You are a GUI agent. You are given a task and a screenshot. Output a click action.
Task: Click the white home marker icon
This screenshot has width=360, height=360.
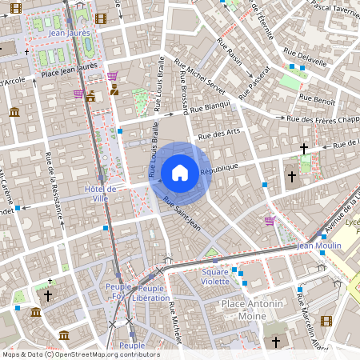pyautogui.click(x=180, y=172)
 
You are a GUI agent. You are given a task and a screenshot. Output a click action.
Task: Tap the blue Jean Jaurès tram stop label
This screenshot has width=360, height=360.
pyautogui.click(x=67, y=34)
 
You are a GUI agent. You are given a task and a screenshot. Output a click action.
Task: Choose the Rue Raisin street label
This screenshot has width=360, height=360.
pyautogui.click(x=234, y=61)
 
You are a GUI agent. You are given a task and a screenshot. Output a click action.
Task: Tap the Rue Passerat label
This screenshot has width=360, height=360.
pyautogui.click(x=259, y=78)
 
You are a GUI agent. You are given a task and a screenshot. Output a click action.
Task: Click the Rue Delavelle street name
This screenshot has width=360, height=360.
pyautogui.click(x=309, y=59)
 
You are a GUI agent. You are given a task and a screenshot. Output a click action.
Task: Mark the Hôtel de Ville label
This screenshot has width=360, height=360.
pyautogui.click(x=101, y=193)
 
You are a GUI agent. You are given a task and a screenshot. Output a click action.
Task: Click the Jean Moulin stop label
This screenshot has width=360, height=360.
pyautogui.click(x=319, y=246)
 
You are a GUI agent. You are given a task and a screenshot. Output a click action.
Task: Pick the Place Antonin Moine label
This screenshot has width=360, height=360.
pyautogui.click(x=253, y=310)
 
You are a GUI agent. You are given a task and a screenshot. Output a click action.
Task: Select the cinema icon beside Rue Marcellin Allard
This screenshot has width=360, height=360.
pyautogui.click(x=326, y=321)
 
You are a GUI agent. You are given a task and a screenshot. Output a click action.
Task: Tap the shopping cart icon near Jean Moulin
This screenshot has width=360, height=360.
pyautogui.click(x=270, y=221)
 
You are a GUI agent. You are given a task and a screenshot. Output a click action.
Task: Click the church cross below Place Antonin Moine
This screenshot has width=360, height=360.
pyautogui.click(x=276, y=342)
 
